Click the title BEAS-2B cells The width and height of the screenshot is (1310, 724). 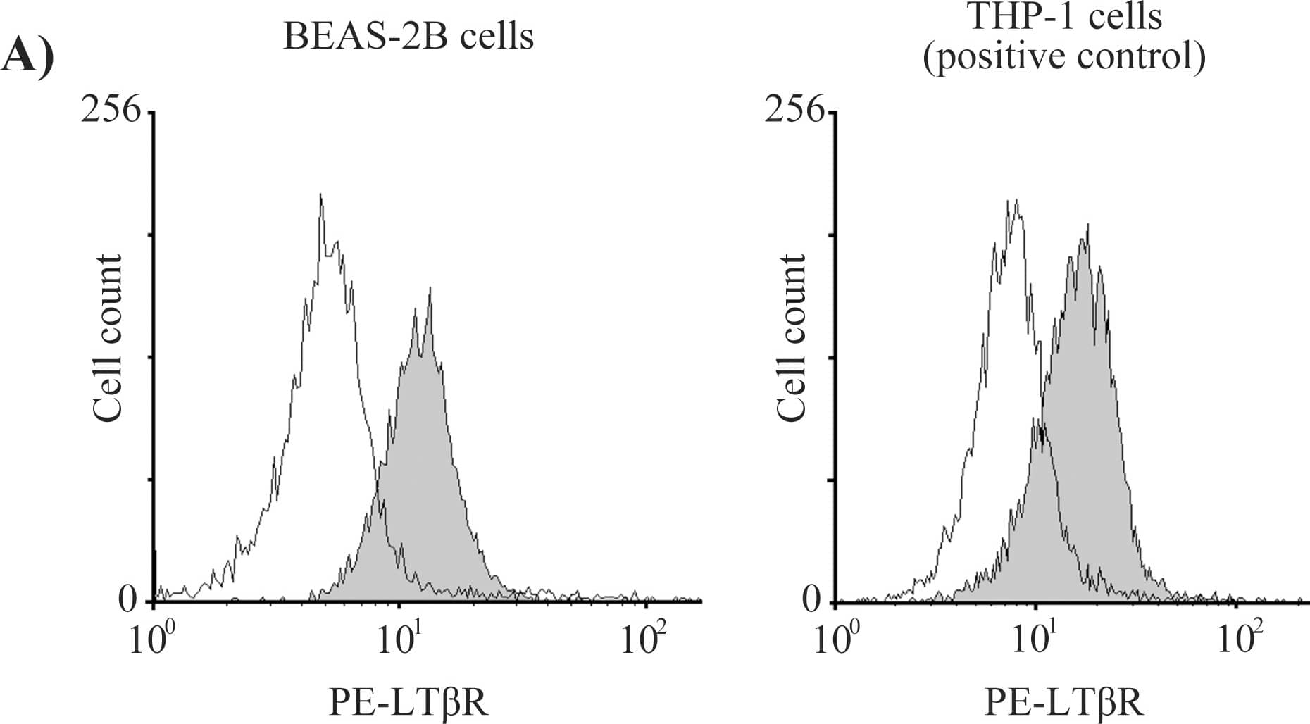point(408,36)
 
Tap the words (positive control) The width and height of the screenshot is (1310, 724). point(1064,56)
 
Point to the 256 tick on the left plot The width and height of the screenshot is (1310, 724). point(111,110)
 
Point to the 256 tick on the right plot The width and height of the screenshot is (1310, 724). point(794,110)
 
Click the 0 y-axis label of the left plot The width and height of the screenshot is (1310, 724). point(128,599)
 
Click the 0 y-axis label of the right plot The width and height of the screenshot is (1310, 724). point(812,599)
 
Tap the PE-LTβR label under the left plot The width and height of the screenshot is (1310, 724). point(408,702)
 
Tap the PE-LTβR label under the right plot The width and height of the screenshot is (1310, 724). point(1063,702)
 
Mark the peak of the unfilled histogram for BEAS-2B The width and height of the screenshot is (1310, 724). point(320,195)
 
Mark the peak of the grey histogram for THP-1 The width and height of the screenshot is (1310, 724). point(1087,227)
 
